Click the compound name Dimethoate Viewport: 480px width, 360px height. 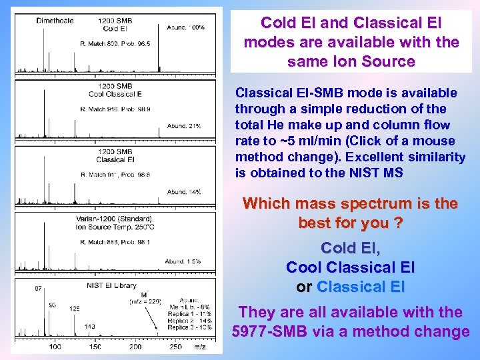point(55,20)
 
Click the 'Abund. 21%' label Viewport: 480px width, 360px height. point(184,125)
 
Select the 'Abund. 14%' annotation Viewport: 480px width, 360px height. point(184,192)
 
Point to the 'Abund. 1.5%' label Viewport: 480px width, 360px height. point(183,261)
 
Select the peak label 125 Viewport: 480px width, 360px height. point(74,309)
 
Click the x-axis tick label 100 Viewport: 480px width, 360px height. point(55,347)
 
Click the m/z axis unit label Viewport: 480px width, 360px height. point(199,347)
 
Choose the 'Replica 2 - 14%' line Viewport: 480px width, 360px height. point(190,321)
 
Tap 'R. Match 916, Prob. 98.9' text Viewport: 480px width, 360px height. point(115,108)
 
